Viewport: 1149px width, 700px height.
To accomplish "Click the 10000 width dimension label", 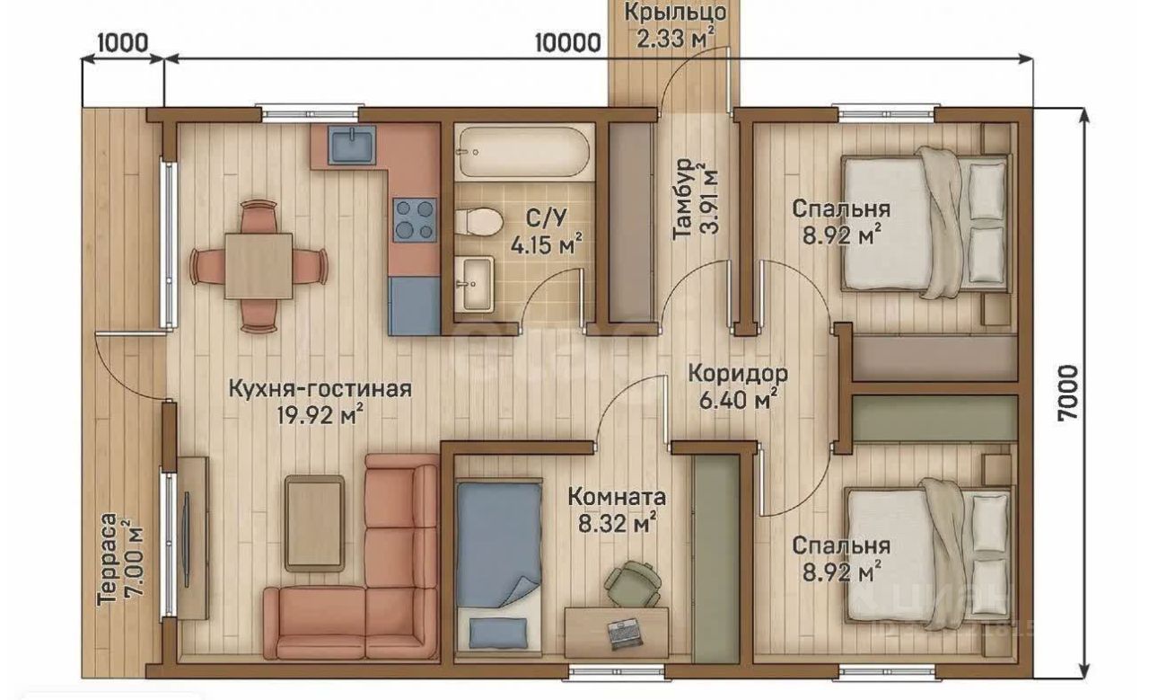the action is click(568, 44).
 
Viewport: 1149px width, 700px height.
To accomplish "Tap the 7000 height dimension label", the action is click(1068, 394).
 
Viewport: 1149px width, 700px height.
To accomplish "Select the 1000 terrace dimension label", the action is click(123, 42).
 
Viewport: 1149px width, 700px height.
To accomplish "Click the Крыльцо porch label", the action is click(676, 13).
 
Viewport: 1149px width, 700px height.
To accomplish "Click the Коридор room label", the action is click(738, 373).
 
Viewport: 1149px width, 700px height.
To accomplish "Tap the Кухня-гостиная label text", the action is click(320, 389).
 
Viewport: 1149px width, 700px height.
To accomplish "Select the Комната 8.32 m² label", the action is click(617, 510).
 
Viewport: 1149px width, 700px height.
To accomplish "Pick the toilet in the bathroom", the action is click(478, 222).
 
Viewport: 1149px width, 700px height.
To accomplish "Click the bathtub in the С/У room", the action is click(523, 152).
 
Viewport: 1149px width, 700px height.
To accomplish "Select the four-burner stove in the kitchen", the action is click(415, 220).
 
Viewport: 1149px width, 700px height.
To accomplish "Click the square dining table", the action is click(259, 266).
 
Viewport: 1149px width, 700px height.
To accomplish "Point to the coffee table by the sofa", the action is click(315, 523).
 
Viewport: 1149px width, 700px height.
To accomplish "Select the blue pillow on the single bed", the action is click(498, 634).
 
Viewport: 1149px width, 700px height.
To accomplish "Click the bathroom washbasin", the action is click(474, 284).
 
